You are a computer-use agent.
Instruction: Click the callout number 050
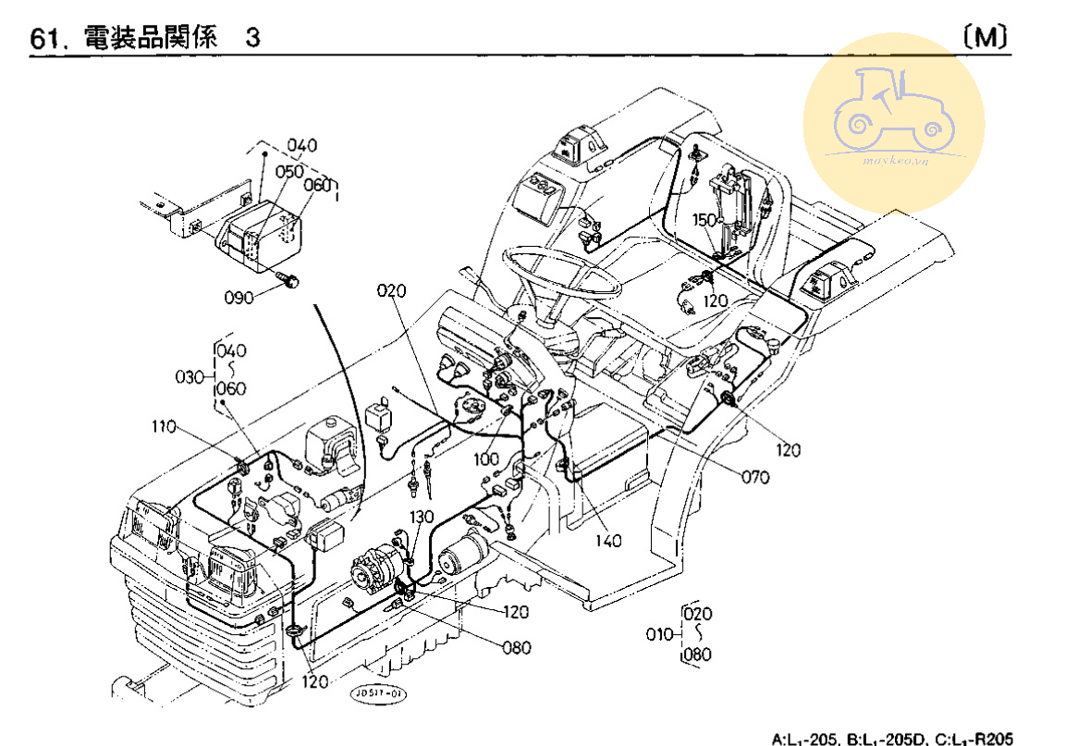pyautogui.click(x=290, y=173)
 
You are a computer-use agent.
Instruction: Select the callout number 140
pyautogui.click(x=607, y=541)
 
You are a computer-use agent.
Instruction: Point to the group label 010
pyautogui.click(x=659, y=634)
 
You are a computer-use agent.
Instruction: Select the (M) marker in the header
pyautogui.click(x=985, y=37)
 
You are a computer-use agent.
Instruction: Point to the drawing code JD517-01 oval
pyautogui.click(x=376, y=691)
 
